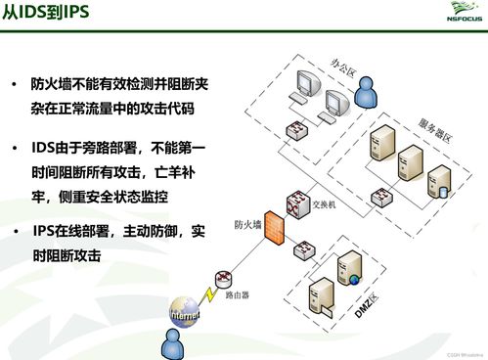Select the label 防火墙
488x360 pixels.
pos(246,224)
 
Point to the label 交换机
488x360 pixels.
pos(324,203)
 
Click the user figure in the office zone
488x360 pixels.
pos(368,93)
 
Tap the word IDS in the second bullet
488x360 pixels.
pos(46,150)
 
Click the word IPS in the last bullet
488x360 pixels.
pos(44,232)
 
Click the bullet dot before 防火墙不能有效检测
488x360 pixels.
pos(15,86)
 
